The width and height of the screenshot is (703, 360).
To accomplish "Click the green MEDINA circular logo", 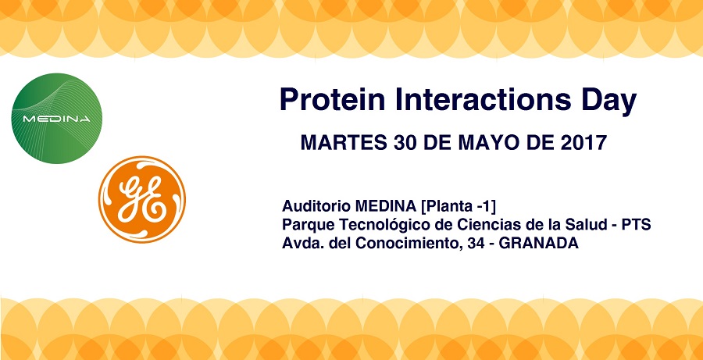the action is [x=56, y=119].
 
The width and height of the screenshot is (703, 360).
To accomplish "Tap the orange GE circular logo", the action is [x=141, y=199].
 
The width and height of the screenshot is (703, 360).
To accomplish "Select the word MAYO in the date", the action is [x=493, y=143].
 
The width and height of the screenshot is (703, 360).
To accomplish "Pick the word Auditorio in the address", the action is [x=316, y=207].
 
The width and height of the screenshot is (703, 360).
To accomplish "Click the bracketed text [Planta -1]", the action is [x=458, y=207].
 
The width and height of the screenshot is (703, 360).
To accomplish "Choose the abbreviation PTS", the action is [x=636, y=225].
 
